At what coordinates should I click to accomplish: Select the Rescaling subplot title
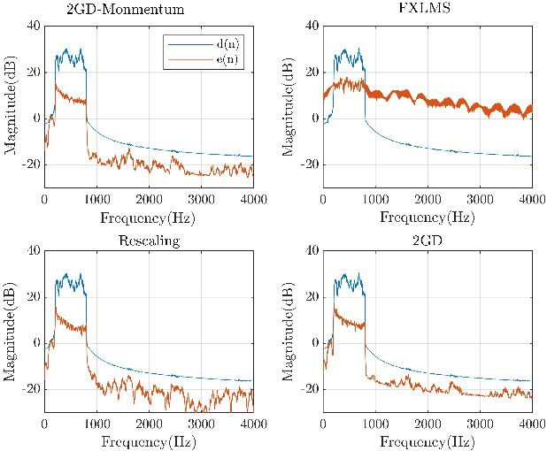(x=149, y=241)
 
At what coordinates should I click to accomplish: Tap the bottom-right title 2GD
(x=428, y=241)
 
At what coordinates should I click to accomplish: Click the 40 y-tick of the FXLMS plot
(x=312, y=26)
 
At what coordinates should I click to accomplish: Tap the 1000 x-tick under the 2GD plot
(x=375, y=423)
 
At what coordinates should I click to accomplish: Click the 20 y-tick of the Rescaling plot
(x=34, y=296)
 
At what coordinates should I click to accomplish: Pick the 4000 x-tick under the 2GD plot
(x=531, y=423)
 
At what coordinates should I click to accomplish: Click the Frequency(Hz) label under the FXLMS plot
(x=428, y=215)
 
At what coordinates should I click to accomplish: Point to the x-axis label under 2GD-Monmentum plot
(x=149, y=215)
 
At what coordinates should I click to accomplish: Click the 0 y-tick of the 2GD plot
(x=315, y=343)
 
